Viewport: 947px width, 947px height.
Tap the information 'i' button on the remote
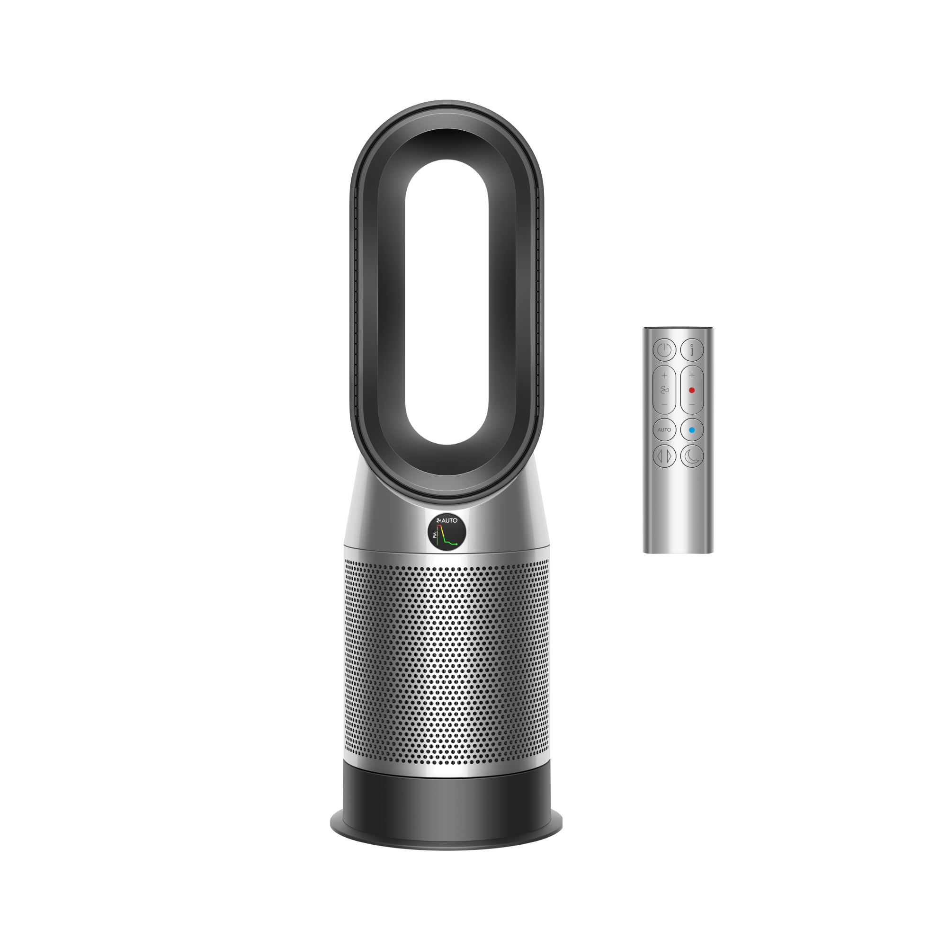point(692,350)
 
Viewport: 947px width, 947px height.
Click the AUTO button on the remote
point(664,430)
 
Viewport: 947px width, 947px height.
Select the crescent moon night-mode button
point(692,456)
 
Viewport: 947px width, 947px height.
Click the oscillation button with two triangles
point(664,456)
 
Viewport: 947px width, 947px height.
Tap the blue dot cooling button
point(692,430)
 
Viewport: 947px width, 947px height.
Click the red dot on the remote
point(692,390)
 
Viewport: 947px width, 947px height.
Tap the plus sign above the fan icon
point(664,375)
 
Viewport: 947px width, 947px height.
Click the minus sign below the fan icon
point(664,404)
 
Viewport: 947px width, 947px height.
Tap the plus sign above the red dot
point(692,375)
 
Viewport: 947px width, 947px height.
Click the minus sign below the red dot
point(692,404)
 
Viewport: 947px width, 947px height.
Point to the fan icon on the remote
point(664,390)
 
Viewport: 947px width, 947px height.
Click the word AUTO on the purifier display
point(450,520)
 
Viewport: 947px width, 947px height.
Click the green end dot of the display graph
point(457,544)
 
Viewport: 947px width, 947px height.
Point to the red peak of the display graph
point(440,526)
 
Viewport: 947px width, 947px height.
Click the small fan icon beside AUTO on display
point(439,520)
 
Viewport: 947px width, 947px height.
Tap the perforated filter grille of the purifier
point(447,662)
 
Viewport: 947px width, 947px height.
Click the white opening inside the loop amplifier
point(447,302)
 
